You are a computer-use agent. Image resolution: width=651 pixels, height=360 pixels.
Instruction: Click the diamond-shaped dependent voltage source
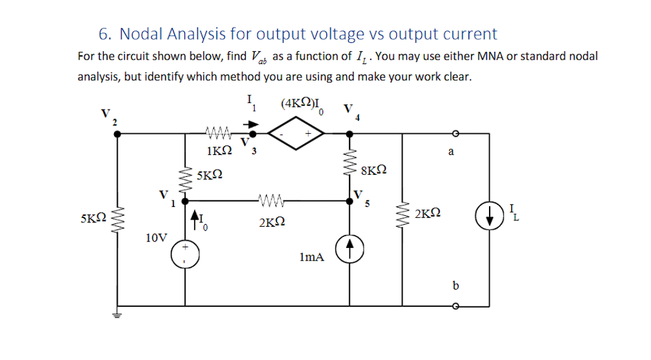pyautogui.click(x=297, y=134)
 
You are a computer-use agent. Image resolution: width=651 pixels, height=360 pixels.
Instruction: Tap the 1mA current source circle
pyautogui.click(x=350, y=250)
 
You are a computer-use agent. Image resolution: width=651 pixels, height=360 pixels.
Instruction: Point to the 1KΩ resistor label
pyautogui.click(x=220, y=152)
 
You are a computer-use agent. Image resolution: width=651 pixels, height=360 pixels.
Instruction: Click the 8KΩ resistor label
pyautogui.click(x=374, y=170)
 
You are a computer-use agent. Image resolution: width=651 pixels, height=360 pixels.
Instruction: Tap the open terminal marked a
pyautogui.click(x=455, y=133)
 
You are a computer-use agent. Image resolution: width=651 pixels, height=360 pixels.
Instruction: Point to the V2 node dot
pyautogui.click(x=117, y=134)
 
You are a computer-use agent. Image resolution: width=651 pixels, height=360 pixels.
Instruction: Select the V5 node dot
pyautogui.click(x=350, y=200)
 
